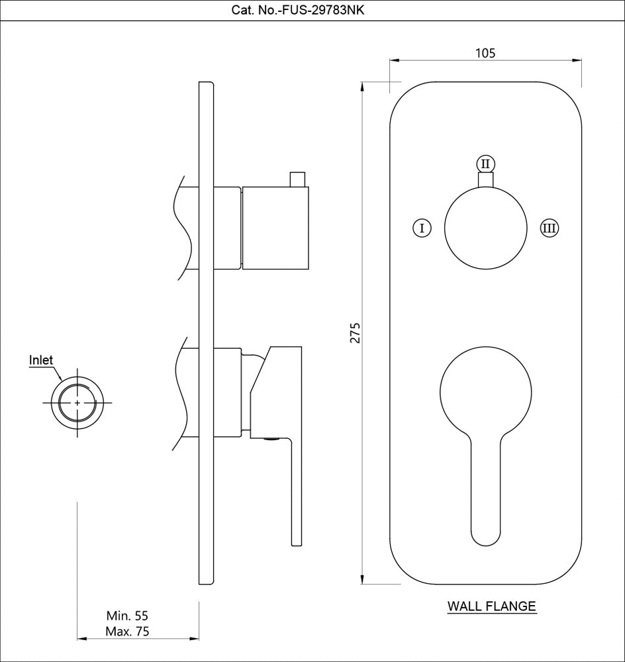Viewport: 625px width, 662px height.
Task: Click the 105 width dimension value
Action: click(x=485, y=53)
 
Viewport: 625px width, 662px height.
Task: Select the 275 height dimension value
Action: click(x=355, y=333)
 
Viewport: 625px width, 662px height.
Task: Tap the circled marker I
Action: click(x=422, y=228)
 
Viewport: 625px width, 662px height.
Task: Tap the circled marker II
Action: click(x=485, y=163)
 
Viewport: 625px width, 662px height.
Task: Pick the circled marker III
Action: click(x=549, y=228)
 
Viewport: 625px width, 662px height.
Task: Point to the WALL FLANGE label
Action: click(x=491, y=606)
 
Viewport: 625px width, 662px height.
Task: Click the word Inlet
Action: click(x=41, y=361)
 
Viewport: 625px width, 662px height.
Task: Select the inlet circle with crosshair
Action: click(x=78, y=402)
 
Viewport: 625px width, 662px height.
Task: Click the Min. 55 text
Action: click(x=127, y=616)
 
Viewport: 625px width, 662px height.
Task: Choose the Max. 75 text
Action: click(x=127, y=632)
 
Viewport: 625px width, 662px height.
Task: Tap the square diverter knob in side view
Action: click(x=275, y=228)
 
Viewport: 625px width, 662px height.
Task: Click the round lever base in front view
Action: click(x=485, y=391)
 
